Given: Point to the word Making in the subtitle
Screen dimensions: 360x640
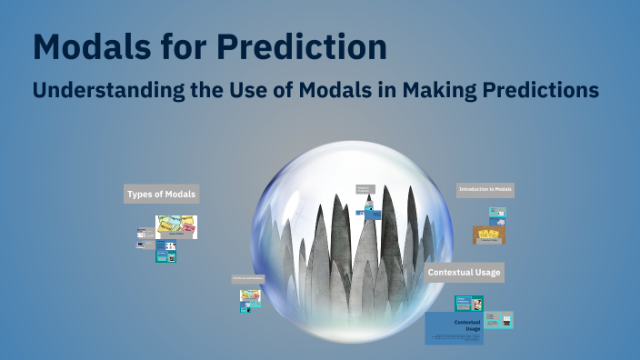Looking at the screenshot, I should [444, 91].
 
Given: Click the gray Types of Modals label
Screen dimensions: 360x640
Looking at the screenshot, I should [161, 194].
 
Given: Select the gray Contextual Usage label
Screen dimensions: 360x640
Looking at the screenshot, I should [464, 272].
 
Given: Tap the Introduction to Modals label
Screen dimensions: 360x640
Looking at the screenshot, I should [485, 190].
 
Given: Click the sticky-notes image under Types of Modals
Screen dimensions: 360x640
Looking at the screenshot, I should [176, 226].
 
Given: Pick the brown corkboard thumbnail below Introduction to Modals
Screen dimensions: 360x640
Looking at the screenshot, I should [489, 235].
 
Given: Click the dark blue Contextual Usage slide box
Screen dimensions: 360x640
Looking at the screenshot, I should [454, 327].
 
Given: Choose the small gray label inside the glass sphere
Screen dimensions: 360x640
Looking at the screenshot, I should [365, 189].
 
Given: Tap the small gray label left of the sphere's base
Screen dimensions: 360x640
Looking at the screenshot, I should [247, 279].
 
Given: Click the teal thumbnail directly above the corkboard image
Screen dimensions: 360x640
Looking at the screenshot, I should [496, 214].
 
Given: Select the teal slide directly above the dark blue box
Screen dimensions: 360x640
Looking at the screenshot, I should [469, 304].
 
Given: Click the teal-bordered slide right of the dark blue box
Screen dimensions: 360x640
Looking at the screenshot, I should [498, 320].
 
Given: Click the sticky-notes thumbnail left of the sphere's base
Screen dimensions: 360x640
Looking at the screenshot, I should [250, 296].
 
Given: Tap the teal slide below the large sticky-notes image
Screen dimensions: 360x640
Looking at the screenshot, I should [165, 252].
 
